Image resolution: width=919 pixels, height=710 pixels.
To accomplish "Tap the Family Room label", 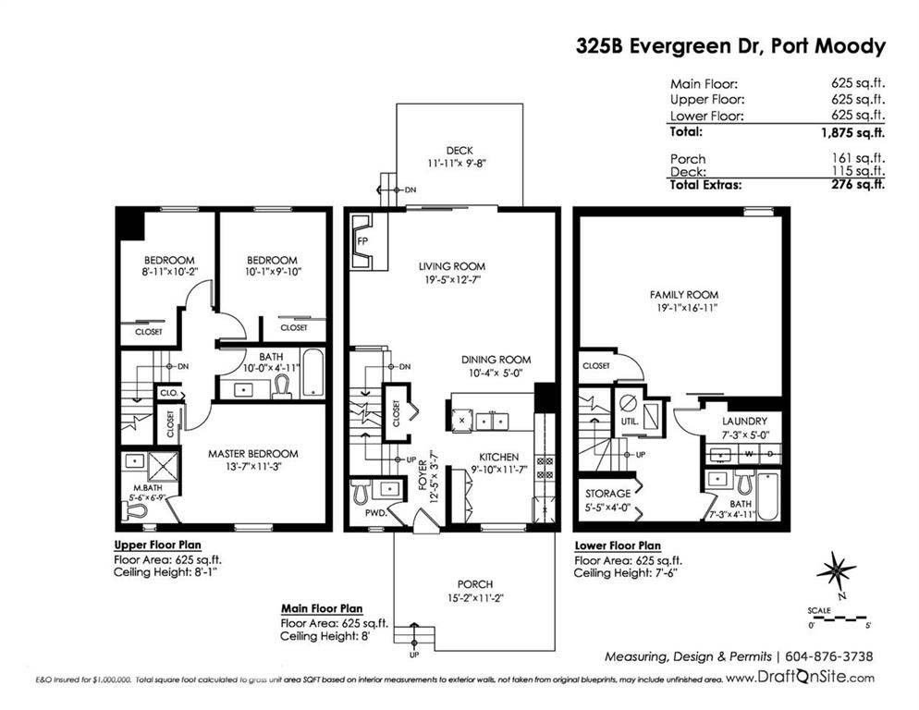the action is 683,295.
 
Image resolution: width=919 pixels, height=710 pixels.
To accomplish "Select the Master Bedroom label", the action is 253,454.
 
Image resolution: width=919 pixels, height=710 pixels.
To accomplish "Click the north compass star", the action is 837,570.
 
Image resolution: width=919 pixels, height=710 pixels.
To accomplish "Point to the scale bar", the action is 839,618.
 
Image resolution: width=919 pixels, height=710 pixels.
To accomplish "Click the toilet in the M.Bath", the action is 134,511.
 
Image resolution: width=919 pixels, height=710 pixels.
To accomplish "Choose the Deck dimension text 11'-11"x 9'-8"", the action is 457,164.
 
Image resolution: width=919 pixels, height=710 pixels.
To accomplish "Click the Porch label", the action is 474,584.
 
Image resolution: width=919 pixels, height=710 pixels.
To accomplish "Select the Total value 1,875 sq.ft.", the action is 852,132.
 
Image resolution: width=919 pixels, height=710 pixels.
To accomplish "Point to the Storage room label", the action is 607,494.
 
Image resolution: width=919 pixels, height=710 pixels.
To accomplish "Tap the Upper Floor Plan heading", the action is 158,545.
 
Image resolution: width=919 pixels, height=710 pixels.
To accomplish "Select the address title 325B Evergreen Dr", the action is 668,45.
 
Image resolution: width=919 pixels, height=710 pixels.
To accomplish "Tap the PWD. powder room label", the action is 375,513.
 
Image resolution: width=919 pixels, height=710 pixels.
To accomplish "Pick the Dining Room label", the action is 496,360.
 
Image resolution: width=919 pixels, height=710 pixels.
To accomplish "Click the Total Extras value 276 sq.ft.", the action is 858,185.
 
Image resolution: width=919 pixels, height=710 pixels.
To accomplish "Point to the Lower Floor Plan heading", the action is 618,545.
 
